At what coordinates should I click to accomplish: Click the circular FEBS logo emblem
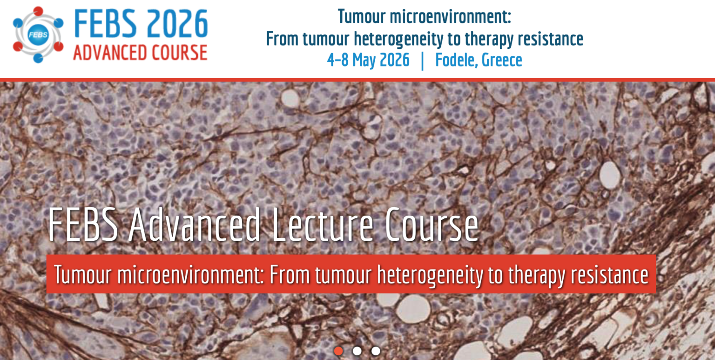(38, 34)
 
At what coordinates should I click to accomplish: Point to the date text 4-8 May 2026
(368, 60)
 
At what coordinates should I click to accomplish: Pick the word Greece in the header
(502, 60)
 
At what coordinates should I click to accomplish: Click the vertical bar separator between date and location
(423, 61)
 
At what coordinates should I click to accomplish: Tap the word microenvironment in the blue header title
(450, 17)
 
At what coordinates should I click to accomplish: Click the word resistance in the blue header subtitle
(551, 39)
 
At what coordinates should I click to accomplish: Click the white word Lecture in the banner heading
(323, 224)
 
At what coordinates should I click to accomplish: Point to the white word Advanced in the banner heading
(195, 224)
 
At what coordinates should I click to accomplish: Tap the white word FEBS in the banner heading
(83, 224)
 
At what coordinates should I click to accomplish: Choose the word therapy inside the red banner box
(537, 275)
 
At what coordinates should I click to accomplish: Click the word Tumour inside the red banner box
(82, 274)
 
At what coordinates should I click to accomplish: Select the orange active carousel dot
(338, 351)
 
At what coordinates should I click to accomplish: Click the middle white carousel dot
(357, 351)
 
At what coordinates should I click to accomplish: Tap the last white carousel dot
(376, 351)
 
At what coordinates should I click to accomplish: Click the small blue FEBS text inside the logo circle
(38, 34)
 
